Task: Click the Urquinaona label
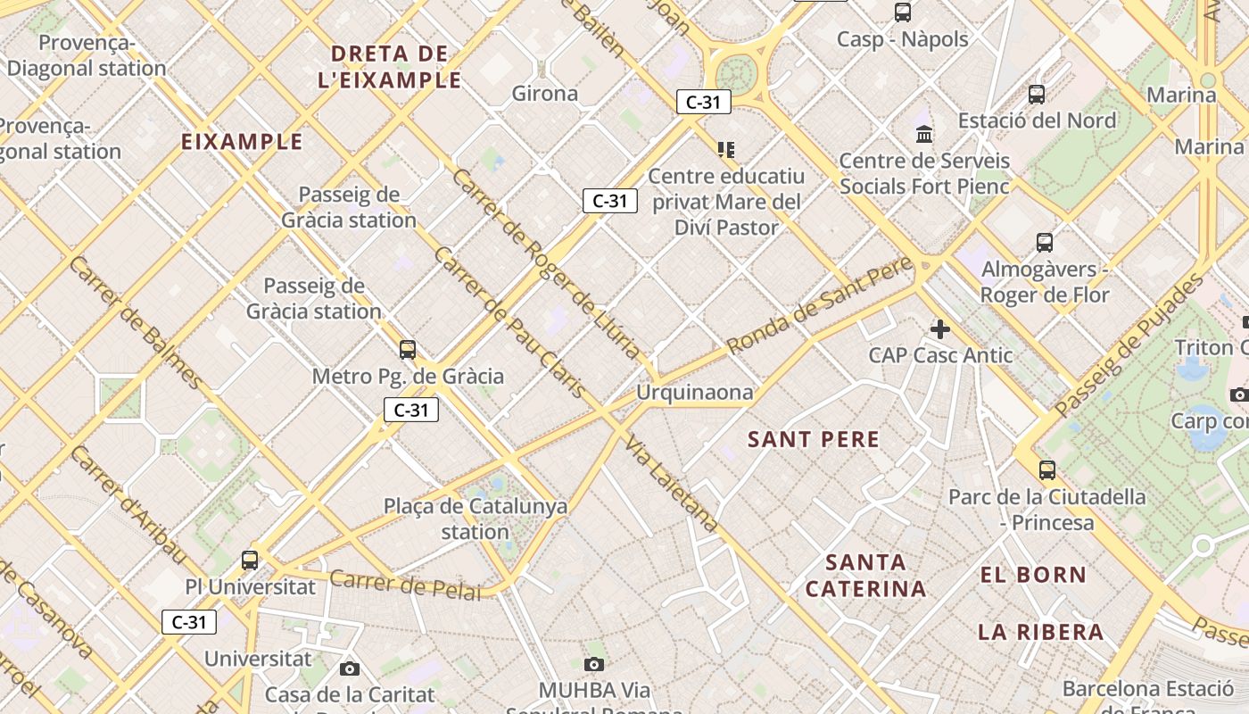(x=694, y=393)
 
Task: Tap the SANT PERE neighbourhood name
(x=814, y=439)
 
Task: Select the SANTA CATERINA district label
(x=865, y=576)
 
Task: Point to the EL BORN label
(x=1033, y=575)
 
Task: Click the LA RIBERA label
(x=1040, y=632)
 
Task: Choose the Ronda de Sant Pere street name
(x=821, y=304)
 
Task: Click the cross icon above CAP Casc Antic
(x=939, y=329)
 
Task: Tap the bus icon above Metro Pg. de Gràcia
(x=408, y=350)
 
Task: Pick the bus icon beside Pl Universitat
(x=250, y=560)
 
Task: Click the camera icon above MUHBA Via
(x=594, y=664)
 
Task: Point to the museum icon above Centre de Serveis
(x=924, y=135)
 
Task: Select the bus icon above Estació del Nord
(x=1037, y=94)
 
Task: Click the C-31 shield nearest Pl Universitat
(x=189, y=622)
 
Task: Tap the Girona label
(x=544, y=94)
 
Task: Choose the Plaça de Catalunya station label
(x=475, y=519)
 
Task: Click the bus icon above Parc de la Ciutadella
(x=1047, y=469)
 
